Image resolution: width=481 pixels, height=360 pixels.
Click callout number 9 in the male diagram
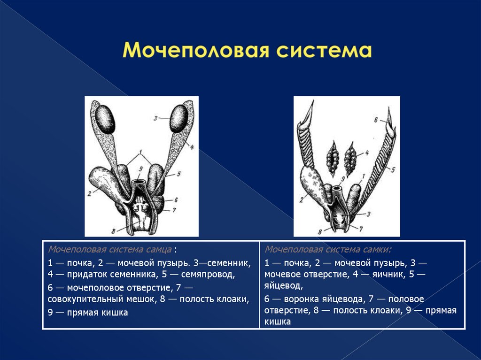(140, 169)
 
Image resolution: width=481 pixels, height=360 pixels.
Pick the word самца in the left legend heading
(159, 248)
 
